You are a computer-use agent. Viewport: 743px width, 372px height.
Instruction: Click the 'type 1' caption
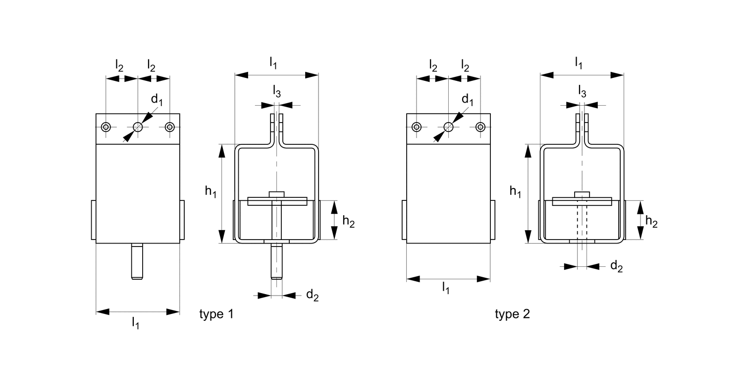point(216,314)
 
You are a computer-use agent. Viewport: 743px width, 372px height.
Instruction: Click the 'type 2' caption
point(512,314)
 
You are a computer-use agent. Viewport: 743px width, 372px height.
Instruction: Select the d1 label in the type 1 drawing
point(157,100)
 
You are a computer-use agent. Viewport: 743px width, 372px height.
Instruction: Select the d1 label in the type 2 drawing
point(467,100)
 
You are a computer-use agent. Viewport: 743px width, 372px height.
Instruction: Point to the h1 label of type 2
point(515,191)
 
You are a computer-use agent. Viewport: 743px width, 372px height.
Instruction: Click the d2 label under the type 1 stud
point(312,295)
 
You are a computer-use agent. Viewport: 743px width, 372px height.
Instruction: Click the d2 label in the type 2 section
point(616,266)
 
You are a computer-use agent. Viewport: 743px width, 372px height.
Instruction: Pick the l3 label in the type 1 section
point(277,91)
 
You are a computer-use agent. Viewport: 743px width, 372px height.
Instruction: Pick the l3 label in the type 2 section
point(582,91)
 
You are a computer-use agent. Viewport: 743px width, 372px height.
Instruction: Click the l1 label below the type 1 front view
point(135,323)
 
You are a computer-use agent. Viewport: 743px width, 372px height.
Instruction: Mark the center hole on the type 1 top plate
point(138,127)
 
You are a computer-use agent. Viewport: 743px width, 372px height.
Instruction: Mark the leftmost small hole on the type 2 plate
point(417,127)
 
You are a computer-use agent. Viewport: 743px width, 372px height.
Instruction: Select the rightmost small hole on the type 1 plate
point(170,127)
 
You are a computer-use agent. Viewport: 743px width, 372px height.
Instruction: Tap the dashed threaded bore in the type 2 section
point(582,222)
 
